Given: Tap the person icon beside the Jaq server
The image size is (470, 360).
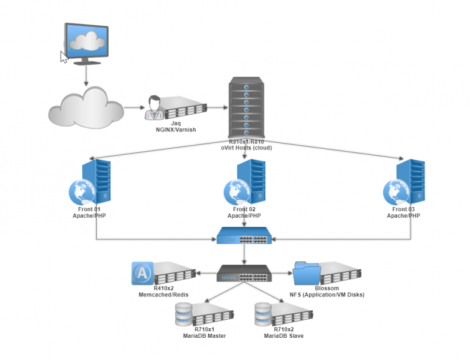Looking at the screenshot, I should pos(155,107).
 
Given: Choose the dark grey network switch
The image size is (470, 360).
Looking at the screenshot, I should pos(244,274).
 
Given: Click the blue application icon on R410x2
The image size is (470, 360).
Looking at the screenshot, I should pos(142,274).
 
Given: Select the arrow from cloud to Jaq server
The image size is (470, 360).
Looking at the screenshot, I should pos(133,108).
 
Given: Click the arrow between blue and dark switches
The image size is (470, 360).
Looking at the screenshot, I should pos(244,255).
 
